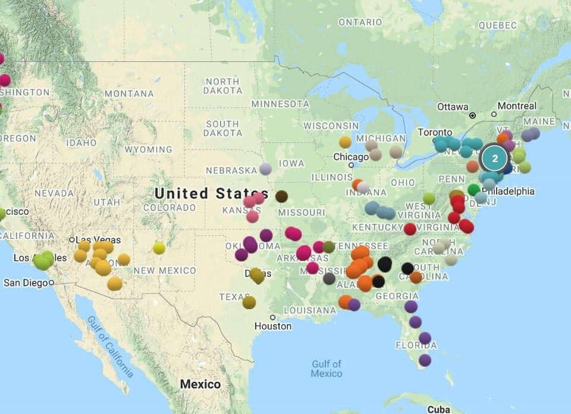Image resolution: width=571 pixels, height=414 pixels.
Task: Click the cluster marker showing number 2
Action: pos(494,158)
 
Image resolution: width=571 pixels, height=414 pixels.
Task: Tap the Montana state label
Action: pos(129,94)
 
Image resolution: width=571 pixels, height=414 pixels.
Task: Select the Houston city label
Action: pos(273,326)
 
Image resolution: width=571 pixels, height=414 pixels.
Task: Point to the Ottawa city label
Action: pos(453,107)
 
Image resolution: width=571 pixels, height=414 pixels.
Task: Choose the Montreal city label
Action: pos(517,106)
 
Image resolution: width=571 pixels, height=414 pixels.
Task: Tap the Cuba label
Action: pos(439,409)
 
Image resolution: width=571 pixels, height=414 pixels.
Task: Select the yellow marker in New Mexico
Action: pos(159,248)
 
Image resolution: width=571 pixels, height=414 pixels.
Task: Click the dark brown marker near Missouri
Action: pos(281,196)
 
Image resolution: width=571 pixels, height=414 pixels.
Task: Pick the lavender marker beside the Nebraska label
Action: pos(265,169)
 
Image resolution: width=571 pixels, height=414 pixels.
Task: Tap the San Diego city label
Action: pos(25,283)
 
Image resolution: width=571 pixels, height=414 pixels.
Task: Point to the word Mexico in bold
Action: pos(200,384)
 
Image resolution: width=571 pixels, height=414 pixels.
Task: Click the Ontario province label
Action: pos(360,22)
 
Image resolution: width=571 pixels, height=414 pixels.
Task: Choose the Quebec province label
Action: pos(498,25)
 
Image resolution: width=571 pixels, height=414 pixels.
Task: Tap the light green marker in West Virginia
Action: pos(429,198)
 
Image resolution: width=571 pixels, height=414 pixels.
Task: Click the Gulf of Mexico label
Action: pos(327,369)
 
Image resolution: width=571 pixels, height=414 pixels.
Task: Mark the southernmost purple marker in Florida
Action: pos(425,360)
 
